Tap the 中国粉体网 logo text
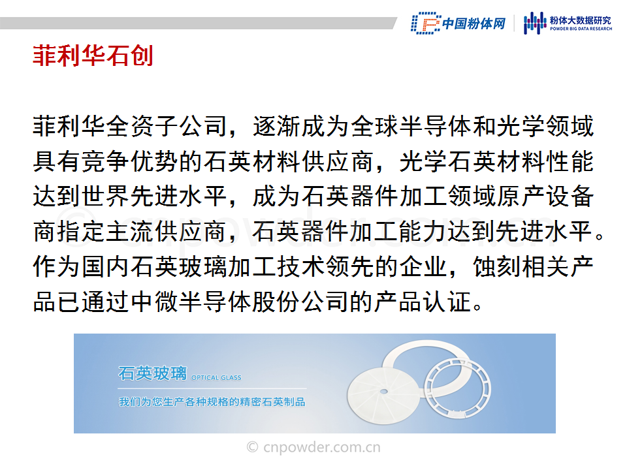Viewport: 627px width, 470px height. pos(474,23)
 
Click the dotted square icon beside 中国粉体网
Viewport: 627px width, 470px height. pos(426,23)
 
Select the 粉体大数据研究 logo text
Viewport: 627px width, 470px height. pos(581,20)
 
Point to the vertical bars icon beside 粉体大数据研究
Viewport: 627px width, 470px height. pos(535,23)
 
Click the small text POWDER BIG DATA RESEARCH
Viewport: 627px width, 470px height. pos(581,29)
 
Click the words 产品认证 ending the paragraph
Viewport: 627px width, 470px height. pos(423,302)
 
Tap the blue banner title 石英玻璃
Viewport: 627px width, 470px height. pos(152,373)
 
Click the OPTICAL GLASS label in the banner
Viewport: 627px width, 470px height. pos(216,378)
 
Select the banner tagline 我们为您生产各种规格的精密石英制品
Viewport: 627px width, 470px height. pos(212,401)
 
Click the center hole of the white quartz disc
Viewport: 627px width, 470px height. pos(383,391)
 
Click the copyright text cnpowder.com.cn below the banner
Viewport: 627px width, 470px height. pos(313,446)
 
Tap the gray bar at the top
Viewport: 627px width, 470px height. pos(198,23)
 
